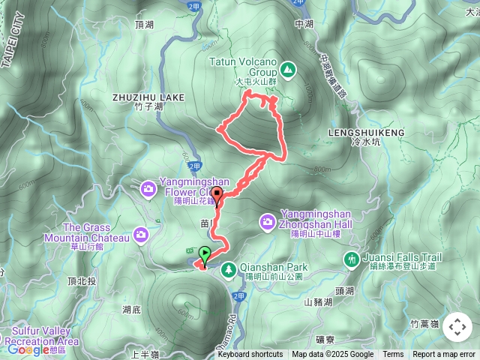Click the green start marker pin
click(205, 253)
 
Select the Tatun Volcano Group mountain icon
click(288, 70)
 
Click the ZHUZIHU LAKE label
click(148, 97)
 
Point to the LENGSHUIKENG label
click(366, 132)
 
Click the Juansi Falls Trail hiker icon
click(351, 259)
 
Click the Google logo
click(28, 349)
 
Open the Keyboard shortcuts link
click(250, 355)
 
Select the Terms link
click(393, 355)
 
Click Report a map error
click(444, 355)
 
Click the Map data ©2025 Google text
click(332, 355)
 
